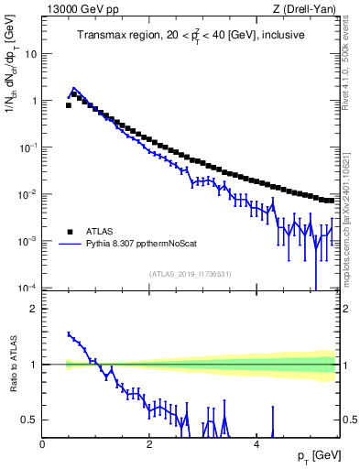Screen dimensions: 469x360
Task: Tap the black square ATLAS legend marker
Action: [x=69, y=232]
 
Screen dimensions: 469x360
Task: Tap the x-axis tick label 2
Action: [x=148, y=444]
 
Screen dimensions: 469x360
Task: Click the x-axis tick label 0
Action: [x=43, y=444]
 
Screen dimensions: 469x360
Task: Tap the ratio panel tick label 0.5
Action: [x=28, y=420]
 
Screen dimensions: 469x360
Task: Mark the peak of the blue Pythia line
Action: [x=74, y=89]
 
